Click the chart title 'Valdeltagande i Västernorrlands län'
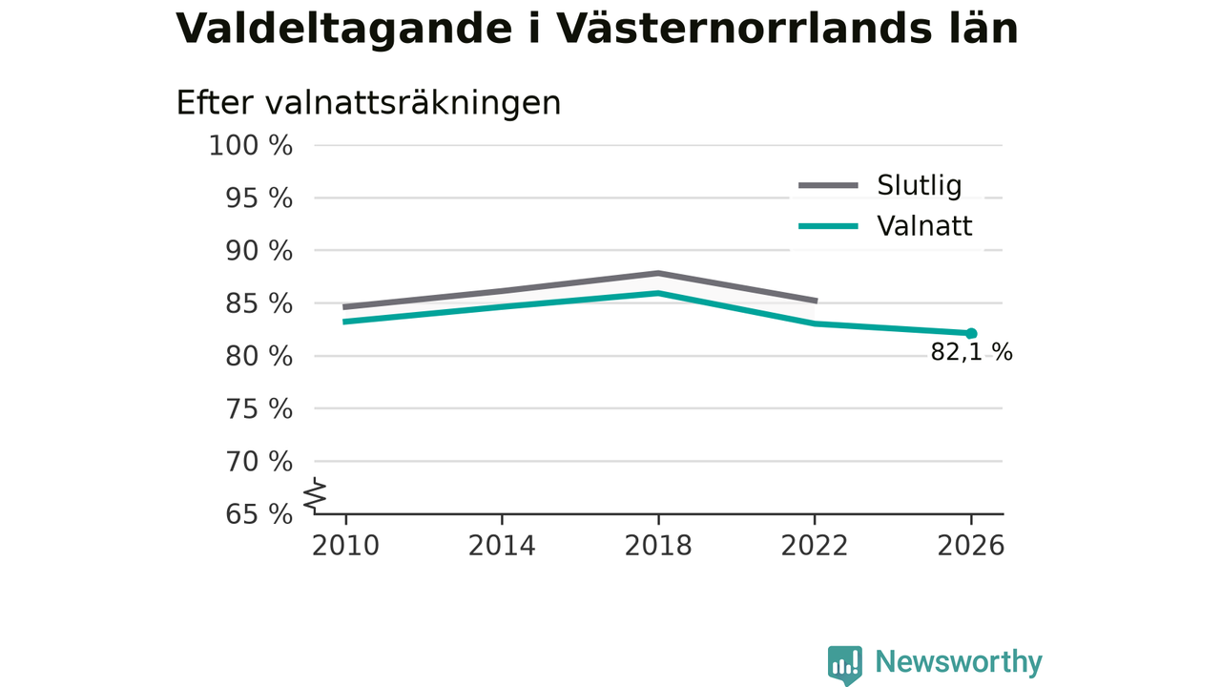point(597,29)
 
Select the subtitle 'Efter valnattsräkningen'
point(368,102)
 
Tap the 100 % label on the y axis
point(251,146)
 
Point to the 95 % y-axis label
point(259,198)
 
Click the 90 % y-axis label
point(259,251)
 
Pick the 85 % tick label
point(259,303)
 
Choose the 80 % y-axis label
point(259,357)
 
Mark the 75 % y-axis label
point(259,409)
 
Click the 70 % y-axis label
point(259,462)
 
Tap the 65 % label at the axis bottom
point(259,514)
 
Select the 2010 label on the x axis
point(345,546)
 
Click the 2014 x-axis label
point(502,546)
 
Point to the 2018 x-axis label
point(658,546)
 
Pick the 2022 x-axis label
point(815,546)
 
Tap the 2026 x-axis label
point(971,546)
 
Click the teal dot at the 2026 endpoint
point(971,334)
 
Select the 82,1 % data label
point(971,352)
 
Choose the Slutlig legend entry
point(880,185)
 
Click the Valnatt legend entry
point(885,226)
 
